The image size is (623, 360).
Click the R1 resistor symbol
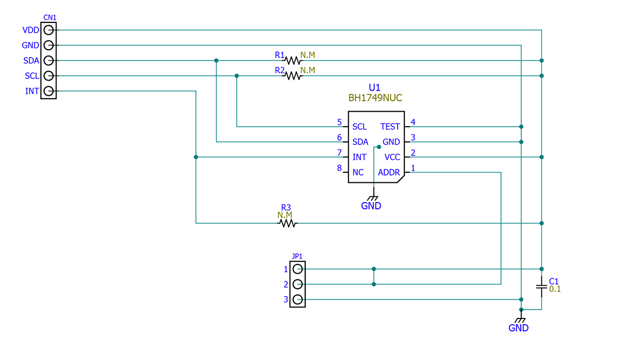[293, 60]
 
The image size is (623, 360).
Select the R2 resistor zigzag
[293, 76]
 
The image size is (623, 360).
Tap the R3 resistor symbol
[287, 223]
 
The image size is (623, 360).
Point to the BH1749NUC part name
[375, 97]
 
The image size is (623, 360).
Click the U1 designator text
[375, 87]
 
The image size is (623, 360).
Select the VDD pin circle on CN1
[48, 30]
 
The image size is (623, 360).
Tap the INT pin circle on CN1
[48, 91]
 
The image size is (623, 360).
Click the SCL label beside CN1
[32, 76]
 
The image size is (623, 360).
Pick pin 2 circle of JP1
[297, 284]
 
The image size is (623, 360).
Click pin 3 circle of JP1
[297, 300]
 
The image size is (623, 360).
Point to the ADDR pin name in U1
[389, 172]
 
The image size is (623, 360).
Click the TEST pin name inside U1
[390, 127]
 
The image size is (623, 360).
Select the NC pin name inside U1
[358, 172]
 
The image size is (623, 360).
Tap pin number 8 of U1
[340, 168]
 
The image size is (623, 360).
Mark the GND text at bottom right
[518, 328]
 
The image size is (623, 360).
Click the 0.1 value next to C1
[555, 289]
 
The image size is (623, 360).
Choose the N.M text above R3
[285, 215]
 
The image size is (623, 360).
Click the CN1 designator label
[50, 17]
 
